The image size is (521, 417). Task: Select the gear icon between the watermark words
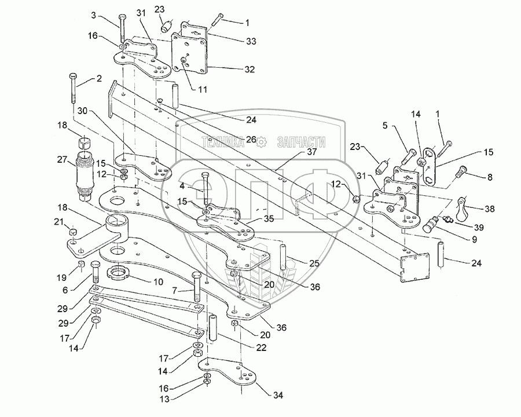coord(262,141)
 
